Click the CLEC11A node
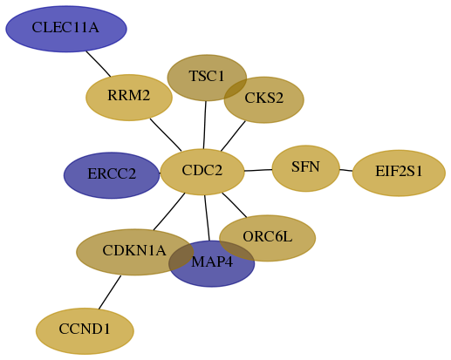66,29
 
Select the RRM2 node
129,98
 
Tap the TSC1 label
207,76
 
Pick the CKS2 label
263,98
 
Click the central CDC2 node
202,172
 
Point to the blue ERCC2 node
112,175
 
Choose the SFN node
306,168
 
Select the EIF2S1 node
399,173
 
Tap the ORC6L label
267,236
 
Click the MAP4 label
212,262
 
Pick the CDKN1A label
134,250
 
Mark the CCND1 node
85,331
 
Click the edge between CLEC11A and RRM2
99,64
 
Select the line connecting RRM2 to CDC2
166,135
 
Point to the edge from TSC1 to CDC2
205,125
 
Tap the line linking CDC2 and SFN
258,170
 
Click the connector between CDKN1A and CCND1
110,292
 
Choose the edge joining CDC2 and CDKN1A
169,212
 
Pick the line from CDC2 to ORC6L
235,205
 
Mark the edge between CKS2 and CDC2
233,136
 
